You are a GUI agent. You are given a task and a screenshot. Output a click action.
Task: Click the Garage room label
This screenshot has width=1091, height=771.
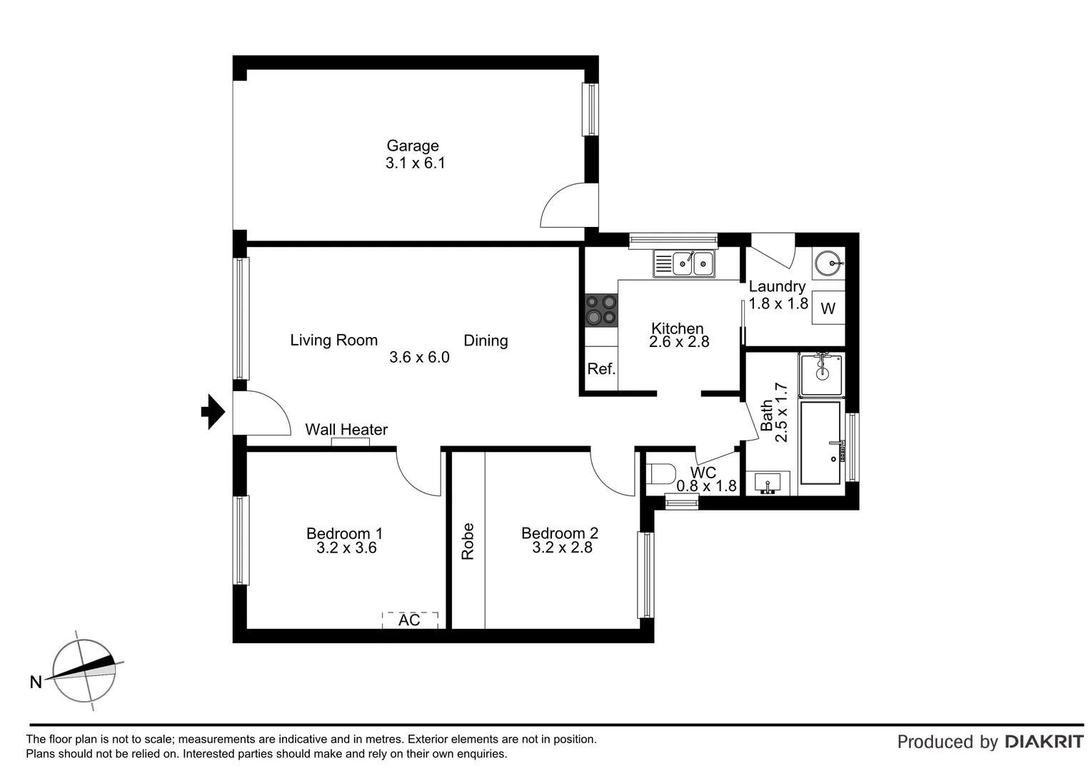tap(413, 146)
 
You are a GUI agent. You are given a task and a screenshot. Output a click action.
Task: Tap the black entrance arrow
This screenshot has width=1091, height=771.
tap(213, 412)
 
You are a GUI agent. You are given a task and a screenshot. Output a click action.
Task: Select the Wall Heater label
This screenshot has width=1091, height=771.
tap(346, 430)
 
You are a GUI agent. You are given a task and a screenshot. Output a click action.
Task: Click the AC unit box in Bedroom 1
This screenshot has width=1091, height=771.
tap(410, 620)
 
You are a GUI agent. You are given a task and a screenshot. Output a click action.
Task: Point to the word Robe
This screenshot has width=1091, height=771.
tap(468, 541)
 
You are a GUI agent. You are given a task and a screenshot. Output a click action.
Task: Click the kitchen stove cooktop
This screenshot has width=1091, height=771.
tap(600, 311)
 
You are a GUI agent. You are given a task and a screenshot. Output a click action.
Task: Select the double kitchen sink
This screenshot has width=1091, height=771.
tap(684, 264)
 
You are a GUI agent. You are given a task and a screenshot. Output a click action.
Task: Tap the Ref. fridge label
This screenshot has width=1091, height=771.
tap(601, 369)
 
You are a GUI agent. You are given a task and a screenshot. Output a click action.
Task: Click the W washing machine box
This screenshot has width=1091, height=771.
tap(828, 308)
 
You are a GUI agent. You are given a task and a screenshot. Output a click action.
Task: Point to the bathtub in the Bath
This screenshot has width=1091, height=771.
tap(820, 443)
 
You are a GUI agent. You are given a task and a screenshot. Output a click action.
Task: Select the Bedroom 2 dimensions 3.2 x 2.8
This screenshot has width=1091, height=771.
tap(562, 548)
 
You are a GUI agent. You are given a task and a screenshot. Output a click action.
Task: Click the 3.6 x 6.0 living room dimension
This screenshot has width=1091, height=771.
tap(419, 357)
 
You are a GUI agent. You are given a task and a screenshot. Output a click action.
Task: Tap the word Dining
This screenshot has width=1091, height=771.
tap(486, 341)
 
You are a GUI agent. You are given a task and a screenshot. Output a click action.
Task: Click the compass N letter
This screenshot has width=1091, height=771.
tap(36, 682)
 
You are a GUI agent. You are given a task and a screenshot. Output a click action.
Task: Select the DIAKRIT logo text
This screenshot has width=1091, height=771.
tap(1044, 742)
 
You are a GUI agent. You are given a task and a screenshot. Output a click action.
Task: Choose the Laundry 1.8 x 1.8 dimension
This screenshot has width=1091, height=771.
tap(778, 303)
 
